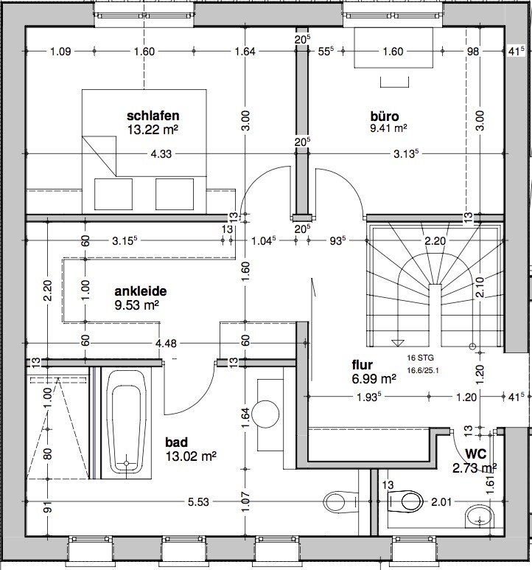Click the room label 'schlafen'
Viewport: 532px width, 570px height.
pyautogui.click(x=153, y=116)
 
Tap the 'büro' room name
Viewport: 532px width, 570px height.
pyautogui.click(x=385, y=117)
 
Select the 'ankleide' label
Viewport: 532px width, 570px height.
pyautogui.click(x=141, y=291)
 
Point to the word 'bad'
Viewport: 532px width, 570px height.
pyautogui.click(x=177, y=442)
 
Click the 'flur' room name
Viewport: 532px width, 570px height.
pyautogui.click(x=362, y=364)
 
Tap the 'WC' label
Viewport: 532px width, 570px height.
pyautogui.click(x=476, y=453)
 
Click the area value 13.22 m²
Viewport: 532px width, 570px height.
pyautogui.click(x=153, y=130)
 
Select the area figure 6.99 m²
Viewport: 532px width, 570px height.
pyautogui.click(x=374, y=379)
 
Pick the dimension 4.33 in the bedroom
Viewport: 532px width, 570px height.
pyautogui.click(x=161, y=154)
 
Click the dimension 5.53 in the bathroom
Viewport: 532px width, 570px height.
pyautogui.click(x=198, y=502)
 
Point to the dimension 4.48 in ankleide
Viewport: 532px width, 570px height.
pyautogui.click(x=166, y=343)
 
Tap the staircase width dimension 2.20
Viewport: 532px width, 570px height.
pyautogui.click(x=435, y=240)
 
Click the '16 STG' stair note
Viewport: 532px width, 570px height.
pyautogui.click(x=420, y=358)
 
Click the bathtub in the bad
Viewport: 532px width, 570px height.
pyautogui.click(x=126, y=423)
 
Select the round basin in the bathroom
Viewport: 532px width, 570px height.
pyautogui.click(x=265, y=414)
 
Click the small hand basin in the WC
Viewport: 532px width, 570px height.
pyautogui.click(x=480, y=516)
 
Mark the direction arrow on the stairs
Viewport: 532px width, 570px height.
pyautogui.click(x=398, y=343)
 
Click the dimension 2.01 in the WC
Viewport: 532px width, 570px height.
pyautogui.click(x=441, y=502)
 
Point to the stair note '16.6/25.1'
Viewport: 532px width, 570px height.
pyautogui.click(x=423, y=370)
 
